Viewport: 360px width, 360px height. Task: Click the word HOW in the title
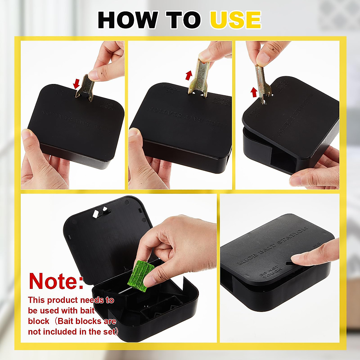127,20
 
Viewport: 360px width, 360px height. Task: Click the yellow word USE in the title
235,20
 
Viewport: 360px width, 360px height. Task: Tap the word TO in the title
183,20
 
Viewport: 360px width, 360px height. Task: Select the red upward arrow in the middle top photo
188,75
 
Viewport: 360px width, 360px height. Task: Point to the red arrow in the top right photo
254,92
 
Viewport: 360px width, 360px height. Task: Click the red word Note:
56,281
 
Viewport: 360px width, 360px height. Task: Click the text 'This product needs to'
71,300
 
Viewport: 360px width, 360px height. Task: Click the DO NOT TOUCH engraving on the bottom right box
271,272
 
